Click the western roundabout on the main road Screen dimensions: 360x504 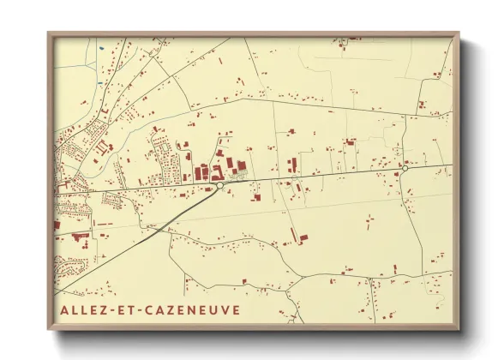click(220, 184)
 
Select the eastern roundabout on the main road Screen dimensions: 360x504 click(404, 170)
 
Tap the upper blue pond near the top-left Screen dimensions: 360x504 click(101, 48)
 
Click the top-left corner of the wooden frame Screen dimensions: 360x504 click(48, 33)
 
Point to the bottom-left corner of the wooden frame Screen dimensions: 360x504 click(48, 329)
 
